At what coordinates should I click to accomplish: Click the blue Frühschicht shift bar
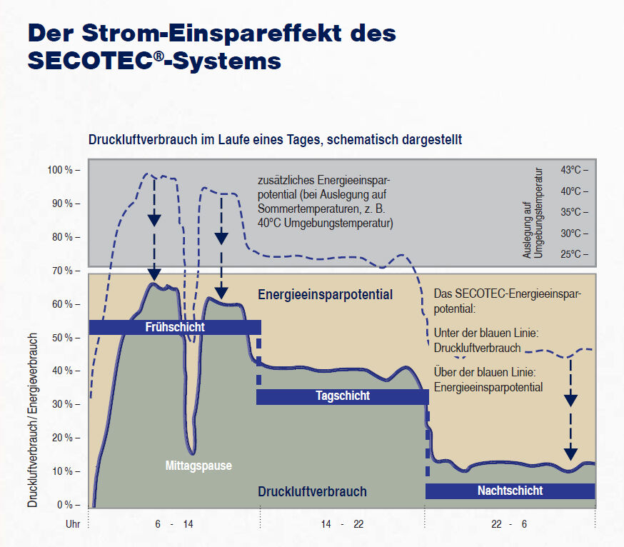(x=175, y=327)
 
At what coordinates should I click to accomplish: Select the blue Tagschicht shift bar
(x=343, y=396)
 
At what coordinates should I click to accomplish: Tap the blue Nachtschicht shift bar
(x=510, y=491)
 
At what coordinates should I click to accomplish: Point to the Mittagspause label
(x=198, y=466)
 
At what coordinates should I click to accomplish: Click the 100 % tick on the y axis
(x=63, y=170)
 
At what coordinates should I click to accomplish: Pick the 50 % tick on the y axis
(x=65, y=337)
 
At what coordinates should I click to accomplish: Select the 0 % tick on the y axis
(x=67, y=505)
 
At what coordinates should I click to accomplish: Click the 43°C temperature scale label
(x=574, y=170)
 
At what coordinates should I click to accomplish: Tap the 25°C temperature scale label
(x=574, y=254)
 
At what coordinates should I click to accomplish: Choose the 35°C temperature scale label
(x=574, y=212)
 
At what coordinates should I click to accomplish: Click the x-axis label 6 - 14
(x=173, y=524)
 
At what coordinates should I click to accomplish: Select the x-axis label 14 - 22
(x=342, y=524)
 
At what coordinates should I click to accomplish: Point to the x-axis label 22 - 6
(x=509, y=524)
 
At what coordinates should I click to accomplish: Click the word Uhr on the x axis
(x=71, y=524)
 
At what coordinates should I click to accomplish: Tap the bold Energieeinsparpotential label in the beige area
(x=325, y=294)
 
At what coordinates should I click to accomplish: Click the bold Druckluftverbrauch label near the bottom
(x=312, y=491)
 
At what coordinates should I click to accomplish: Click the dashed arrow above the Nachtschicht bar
(x=570, y=407)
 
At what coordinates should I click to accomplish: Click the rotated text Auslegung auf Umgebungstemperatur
(x=533, y=213)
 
